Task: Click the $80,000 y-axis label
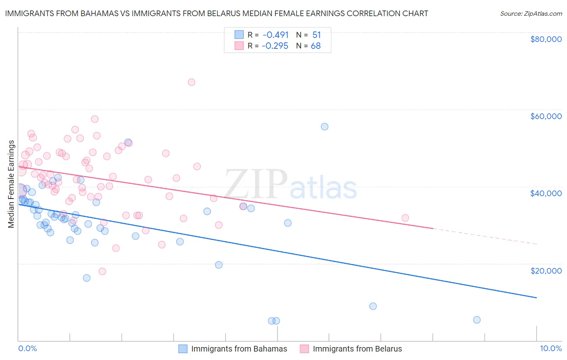(x=546, y=39)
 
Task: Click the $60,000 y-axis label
(x=546, y=116)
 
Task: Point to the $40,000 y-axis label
(x=546, y=193)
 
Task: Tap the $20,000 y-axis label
(x=546, y=270)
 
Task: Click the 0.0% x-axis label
(x=27, y=348)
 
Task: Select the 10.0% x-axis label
(x=550, y=348)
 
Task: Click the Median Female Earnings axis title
(x=11, y=184)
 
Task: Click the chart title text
(x=217, y=13)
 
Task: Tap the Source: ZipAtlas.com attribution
(x=531, y=13)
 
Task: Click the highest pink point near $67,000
(x=192, y=82)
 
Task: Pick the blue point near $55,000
(x=325, y=127)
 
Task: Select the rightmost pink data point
(x=405, y=218)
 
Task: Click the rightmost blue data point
(x=477, y=320)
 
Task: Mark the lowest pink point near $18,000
(x=102, y=272)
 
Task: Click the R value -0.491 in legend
(x=275, y=35)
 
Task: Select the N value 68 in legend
(x=316, y=46)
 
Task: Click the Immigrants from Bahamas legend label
(x=239, y=349)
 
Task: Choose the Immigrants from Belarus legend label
(x=357, y=349)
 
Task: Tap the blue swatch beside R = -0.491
(x=239, y=35)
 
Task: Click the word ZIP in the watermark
(x=256, y=184)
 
